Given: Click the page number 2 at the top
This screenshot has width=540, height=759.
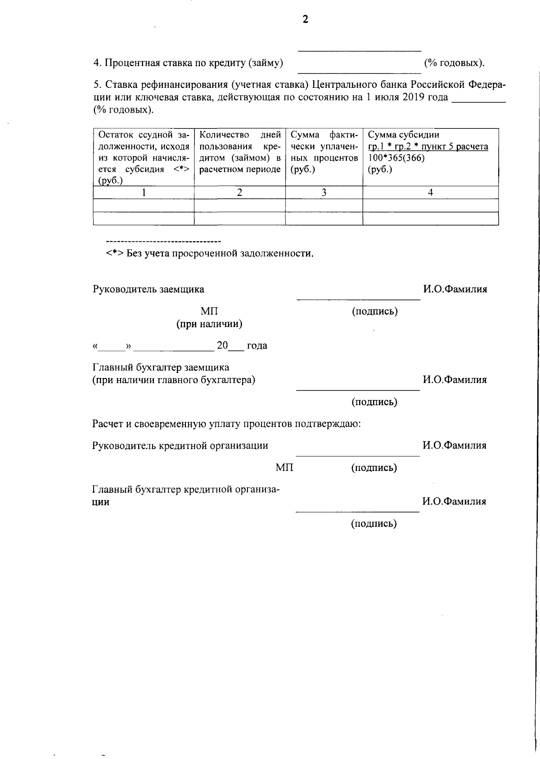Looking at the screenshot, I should click(306, 19).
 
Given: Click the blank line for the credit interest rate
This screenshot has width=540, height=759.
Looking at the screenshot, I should click(359, 71).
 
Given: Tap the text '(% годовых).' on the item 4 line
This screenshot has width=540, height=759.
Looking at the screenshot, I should click(454, 63).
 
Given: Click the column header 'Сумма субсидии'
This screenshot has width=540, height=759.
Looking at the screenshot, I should click(404, 135).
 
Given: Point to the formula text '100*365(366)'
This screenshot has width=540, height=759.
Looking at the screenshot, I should click(396, 158).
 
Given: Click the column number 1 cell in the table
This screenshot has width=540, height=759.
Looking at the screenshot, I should click(144, 192).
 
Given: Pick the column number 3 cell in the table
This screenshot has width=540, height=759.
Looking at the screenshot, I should click(324, 192).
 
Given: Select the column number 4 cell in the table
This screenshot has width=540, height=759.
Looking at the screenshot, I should click(430, 192).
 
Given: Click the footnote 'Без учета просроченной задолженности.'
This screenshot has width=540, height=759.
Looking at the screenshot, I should click(220, 253).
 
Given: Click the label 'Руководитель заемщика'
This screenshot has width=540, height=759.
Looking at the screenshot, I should click(148, 289).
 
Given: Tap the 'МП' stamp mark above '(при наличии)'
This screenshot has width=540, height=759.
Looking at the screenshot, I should click(209, 312).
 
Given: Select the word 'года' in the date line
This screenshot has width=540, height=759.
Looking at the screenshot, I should click(257, 345).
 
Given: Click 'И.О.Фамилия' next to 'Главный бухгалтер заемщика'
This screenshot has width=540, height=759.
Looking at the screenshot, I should click(454, 380).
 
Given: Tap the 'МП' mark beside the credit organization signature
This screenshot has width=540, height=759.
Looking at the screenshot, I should click(284, 468).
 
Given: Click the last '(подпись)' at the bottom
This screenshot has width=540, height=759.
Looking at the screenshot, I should click(374, 523).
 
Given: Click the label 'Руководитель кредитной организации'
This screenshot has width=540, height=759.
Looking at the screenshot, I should click(180, 445).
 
